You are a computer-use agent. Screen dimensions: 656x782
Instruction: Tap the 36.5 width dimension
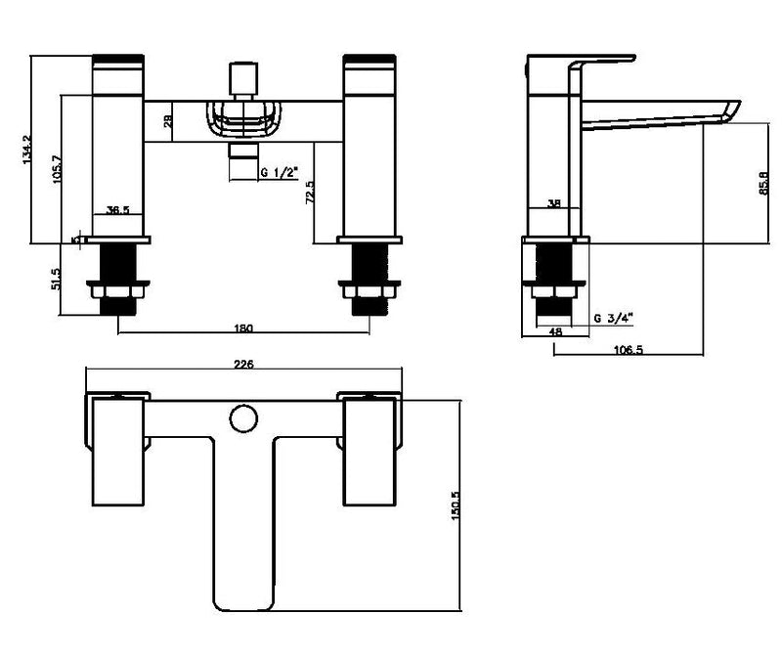click(x=118, y=210)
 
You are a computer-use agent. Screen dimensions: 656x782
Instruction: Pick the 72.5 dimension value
click(x=310, y=192)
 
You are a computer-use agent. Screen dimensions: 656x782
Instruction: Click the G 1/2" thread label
click(x=279, y=172)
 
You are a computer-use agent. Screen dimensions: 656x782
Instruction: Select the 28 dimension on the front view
click(x=168, y=121)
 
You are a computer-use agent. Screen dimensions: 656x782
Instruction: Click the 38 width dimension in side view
click(x=555, y=204)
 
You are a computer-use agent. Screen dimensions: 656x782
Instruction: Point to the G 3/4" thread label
click(x=614, y=317)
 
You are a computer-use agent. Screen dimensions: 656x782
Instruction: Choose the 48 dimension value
click(x=555, y=332)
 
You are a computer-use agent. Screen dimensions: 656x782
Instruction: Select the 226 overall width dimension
click(x=244, y=365)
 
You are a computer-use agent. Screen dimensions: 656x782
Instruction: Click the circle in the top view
click(x=242, y=420)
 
